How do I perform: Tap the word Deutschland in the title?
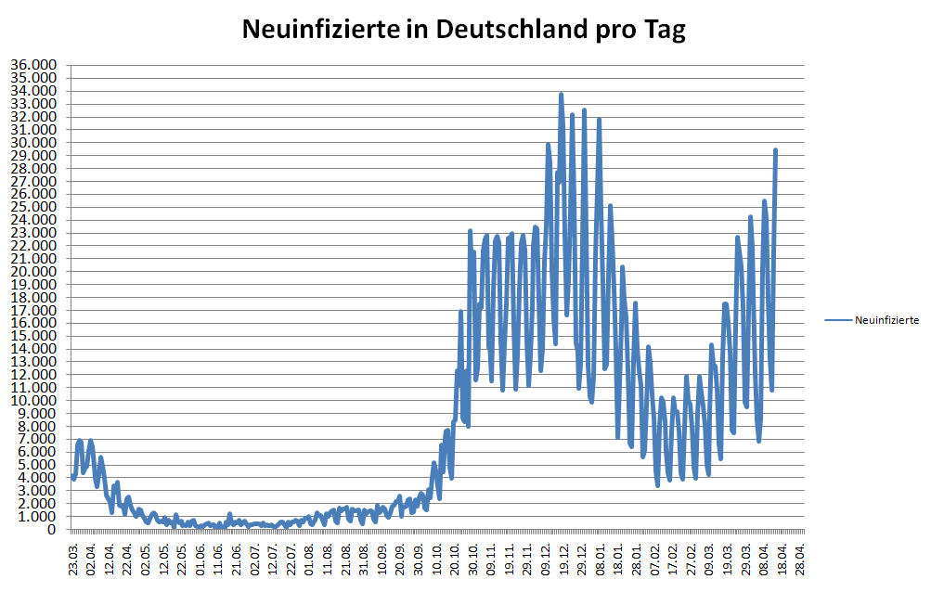click(x=495, y=30)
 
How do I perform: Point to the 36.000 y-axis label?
click(x=33, y=65)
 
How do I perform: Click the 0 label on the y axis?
click(x=53, y=529)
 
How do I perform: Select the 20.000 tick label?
click(x=33, y=271)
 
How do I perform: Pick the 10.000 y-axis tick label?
click(x=33, y=400)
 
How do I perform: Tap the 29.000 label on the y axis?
click(x=33, y=155)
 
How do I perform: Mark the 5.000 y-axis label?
click(x=36, y=465)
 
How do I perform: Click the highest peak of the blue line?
click(x=562, y=94)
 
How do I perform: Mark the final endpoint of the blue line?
click(x=776, y=149)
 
